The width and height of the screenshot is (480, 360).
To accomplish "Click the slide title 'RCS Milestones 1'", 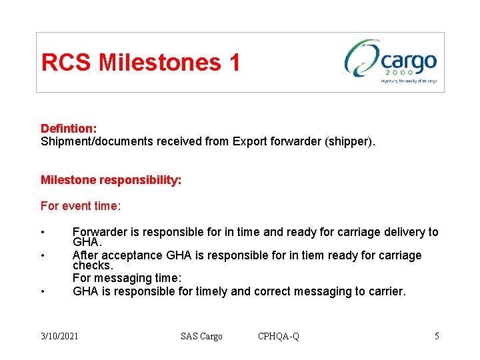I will pos(140,63).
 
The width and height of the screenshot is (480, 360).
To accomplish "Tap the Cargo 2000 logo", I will pos(391,62).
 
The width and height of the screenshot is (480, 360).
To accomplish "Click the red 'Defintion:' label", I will pos(69,128).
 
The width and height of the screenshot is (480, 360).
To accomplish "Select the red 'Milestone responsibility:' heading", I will pos(111,180).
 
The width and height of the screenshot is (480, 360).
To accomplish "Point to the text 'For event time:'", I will pos(81,206).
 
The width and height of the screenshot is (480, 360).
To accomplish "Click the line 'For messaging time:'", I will pos(127,277).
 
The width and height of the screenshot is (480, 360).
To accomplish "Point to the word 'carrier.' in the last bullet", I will pos(385,291).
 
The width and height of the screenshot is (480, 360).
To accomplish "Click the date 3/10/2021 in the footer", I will pos(59,336).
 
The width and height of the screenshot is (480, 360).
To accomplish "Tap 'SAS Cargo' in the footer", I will pos(201,336).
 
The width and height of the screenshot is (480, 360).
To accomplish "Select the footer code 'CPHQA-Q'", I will pos(279,336).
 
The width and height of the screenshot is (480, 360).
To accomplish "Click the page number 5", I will pos(437,336).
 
